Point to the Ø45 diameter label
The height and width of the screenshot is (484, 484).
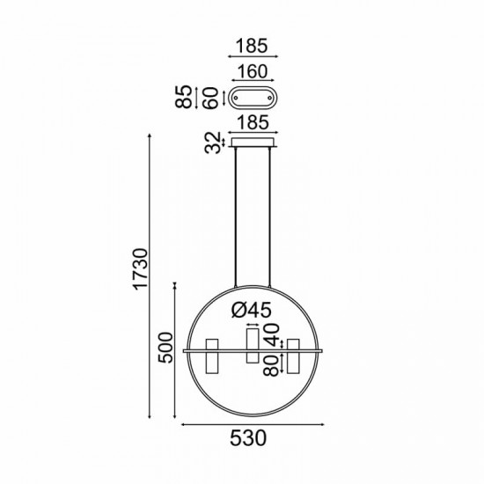click(x=250, y=310)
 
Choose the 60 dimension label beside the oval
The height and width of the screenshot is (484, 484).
click(x=210, y=97)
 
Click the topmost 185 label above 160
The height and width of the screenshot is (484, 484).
click(x=252, y=46)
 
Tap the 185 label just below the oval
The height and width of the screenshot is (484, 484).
click(x=252, y=121)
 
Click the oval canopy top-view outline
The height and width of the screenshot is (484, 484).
click(x=253, y=97)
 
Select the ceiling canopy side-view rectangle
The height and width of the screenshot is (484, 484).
click(x=253, y=141)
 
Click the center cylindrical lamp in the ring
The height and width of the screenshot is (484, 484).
click(x=253, y=344)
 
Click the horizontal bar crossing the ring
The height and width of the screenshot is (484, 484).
click(x=253, y=350)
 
